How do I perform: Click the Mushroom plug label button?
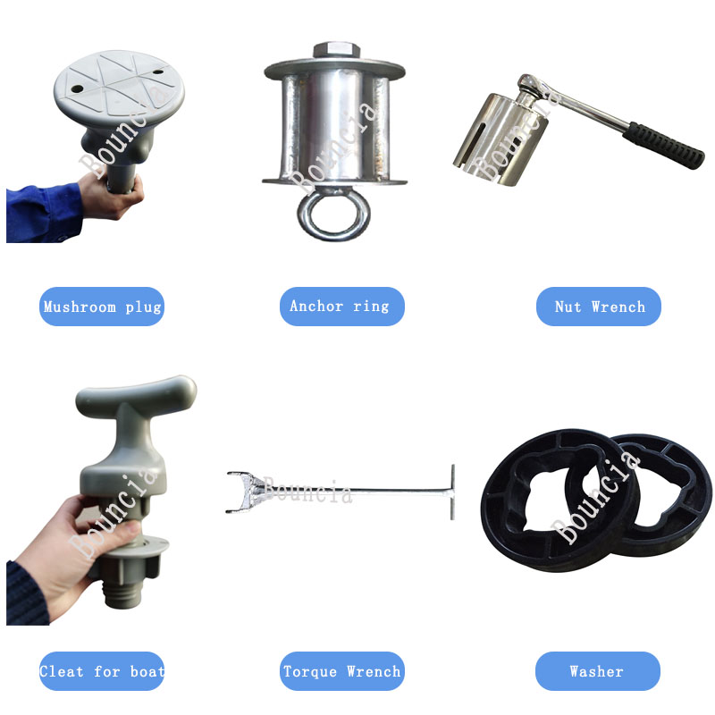tap(102, 307)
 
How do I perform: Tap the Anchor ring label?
tap(342, 307)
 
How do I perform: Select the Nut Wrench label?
tap(598, 307)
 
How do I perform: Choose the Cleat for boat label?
tap(102, 671)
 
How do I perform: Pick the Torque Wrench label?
tap(342, 671)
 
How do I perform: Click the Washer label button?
tap(598, 671)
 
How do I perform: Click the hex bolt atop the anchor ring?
tap(337, 50)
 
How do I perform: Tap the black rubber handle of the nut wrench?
tap(663, 145)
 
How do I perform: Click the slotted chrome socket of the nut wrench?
tap(500, 139)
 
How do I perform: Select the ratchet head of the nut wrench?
tap(530, 86)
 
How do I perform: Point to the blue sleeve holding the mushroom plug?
tap(43, 213)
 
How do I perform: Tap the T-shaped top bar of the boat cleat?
tap(136, 395)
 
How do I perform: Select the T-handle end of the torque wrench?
tap(452, 492)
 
